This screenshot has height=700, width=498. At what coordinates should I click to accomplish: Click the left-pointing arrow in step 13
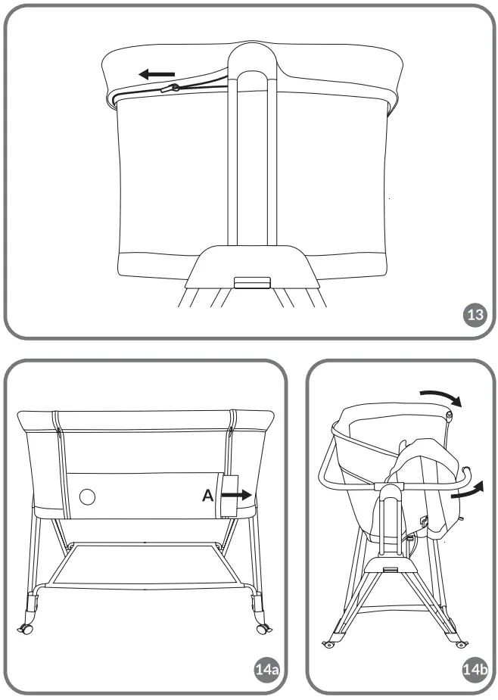point(156,74)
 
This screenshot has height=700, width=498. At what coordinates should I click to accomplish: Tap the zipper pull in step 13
point(175,89)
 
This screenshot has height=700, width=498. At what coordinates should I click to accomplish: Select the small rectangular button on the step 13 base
point(252,282)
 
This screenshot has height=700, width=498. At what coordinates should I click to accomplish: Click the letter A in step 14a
point(208,496)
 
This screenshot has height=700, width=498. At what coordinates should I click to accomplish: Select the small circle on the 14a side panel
point(89,496)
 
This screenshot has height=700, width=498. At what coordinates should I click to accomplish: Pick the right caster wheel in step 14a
point(263,628)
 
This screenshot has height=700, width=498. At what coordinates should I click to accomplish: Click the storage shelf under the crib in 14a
point(144,564)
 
